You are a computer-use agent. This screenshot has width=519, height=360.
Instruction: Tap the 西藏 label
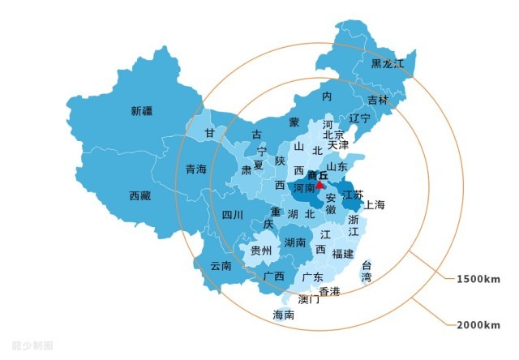139,195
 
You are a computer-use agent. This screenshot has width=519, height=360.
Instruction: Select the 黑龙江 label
387,63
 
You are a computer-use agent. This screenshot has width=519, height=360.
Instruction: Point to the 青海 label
195,169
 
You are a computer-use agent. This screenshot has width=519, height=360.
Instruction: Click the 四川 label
232,215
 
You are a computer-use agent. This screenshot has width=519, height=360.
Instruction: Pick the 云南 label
221,265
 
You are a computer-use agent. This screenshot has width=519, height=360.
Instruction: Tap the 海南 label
284,315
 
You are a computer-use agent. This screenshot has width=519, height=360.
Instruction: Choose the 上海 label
375,204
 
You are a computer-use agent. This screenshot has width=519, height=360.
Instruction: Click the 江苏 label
353,195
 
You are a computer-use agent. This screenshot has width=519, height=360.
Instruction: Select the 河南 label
304,187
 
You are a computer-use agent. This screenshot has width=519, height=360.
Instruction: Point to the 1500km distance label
478,279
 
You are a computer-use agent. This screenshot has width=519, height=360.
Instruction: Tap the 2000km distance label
478,325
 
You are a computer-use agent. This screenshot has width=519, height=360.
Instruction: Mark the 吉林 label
378,101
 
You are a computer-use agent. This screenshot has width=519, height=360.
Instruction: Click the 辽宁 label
359,118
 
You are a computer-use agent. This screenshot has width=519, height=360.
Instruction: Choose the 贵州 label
260,251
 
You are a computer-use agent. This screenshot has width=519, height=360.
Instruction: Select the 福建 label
342,254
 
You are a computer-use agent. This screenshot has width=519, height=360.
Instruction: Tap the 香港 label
329,290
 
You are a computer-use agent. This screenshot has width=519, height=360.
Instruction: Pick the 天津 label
338,145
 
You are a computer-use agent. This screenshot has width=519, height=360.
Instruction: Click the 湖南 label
295,242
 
